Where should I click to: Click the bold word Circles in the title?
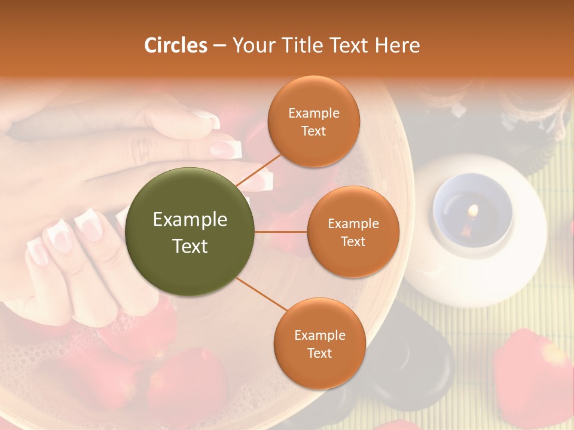point(176,45)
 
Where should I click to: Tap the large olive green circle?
point(190,232)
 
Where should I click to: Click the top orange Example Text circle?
point(313,121)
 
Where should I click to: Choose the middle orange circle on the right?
point(353,232)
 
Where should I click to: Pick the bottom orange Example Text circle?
point(319,343)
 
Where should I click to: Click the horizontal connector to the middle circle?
point(281,232)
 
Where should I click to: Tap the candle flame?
point(474,210)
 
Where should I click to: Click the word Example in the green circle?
point(190,220)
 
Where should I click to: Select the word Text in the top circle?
point(313,131)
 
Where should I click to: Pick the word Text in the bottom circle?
point(319,353)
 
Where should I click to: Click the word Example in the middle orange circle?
point(353,223)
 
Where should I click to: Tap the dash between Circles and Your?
point(219,45)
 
